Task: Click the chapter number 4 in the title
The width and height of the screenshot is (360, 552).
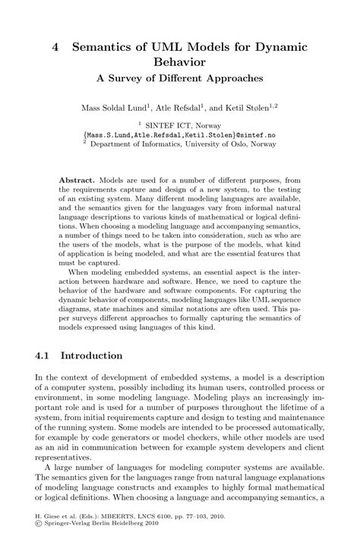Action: pos(55,47)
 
